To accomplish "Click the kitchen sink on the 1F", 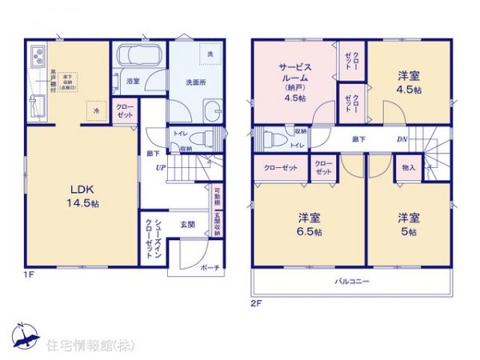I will tap(38, 58).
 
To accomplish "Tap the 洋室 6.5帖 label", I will tap(310, 224).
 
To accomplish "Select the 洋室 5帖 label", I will tap(408, 224).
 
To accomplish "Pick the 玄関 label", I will tap(188, 223).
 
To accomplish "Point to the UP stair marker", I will tap(161, 167).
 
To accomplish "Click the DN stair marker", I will tap(402, 139).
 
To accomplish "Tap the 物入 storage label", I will tap(409, 168).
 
